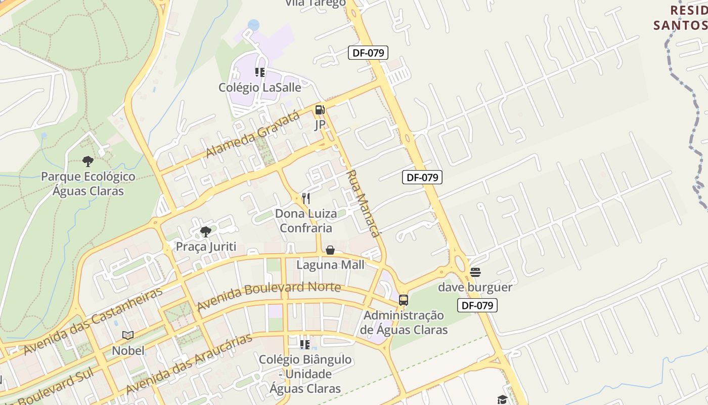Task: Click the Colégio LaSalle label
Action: click(259, 88)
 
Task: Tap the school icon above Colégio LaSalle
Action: click(260, 72)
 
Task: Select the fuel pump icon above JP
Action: click(320, 110)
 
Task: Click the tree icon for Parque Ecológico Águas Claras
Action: click(88, 161)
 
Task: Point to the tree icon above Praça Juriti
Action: click(205, 232)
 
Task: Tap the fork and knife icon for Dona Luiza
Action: click(305, 198)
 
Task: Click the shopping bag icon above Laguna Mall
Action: click(330, 250)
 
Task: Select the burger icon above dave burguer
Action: click(475, 272)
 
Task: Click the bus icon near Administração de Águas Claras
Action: click(403, 300)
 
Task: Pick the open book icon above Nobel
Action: click(128, 335)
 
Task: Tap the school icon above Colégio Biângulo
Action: click(304, 345)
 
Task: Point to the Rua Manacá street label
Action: click(362, 204)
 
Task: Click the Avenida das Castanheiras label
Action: click(94, 321)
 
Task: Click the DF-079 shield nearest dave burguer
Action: click(477, 305)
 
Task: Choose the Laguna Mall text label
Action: click(330, 264)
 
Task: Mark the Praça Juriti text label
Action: click(206, 247)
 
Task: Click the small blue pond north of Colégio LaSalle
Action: click(253, 24)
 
